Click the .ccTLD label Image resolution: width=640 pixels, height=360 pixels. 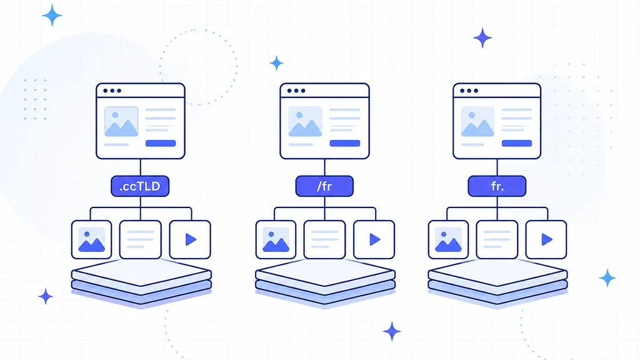click(x=140, y=186)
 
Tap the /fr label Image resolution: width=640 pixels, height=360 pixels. click(x=324, y=186)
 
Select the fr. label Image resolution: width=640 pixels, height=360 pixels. click(x=497, y=186)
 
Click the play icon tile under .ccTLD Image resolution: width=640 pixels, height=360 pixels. click(x=190, y=239)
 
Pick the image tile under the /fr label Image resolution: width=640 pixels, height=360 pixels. click(x=276, y=239)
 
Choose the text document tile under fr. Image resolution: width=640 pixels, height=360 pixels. click(x=497, y=239)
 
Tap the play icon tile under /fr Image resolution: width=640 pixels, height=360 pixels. click(x=374, y=239)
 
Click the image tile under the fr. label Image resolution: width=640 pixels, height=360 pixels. click(x=448, y=239)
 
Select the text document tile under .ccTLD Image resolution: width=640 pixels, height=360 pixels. click(x=141, y=239)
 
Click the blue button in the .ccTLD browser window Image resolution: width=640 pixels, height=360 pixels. click(x=161, y=143)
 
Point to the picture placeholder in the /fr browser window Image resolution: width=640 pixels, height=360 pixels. click(x=305, y=122)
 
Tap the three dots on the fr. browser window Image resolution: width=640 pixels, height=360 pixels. click(x=469, y=91)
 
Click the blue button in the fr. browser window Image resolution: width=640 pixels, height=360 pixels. click(x=517, y=143)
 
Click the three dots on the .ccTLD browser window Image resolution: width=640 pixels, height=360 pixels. click(x=112, y=91)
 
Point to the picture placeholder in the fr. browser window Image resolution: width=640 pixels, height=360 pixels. click(x=478, y=122)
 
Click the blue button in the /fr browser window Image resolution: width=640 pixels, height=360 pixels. click(x=345, y=143)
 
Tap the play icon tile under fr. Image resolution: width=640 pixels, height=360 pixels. click(x=546, y=239)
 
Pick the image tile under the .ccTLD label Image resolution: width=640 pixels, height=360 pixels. click(x=91, y=239)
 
